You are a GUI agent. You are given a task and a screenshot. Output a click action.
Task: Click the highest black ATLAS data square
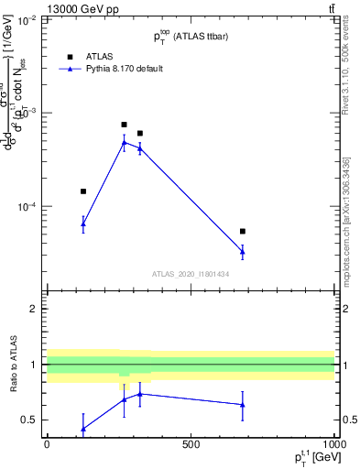125,125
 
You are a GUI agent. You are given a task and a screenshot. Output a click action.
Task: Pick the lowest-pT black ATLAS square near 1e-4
83,191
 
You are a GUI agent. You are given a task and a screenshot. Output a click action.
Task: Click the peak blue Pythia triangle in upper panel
125,142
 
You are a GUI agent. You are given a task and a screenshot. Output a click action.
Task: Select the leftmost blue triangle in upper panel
83,224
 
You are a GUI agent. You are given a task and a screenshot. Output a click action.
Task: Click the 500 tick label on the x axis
191,444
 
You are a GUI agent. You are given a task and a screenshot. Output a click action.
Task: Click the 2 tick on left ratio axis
35,309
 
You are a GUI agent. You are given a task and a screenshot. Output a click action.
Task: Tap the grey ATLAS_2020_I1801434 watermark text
191,274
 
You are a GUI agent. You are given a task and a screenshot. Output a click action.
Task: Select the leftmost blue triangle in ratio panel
83,429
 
